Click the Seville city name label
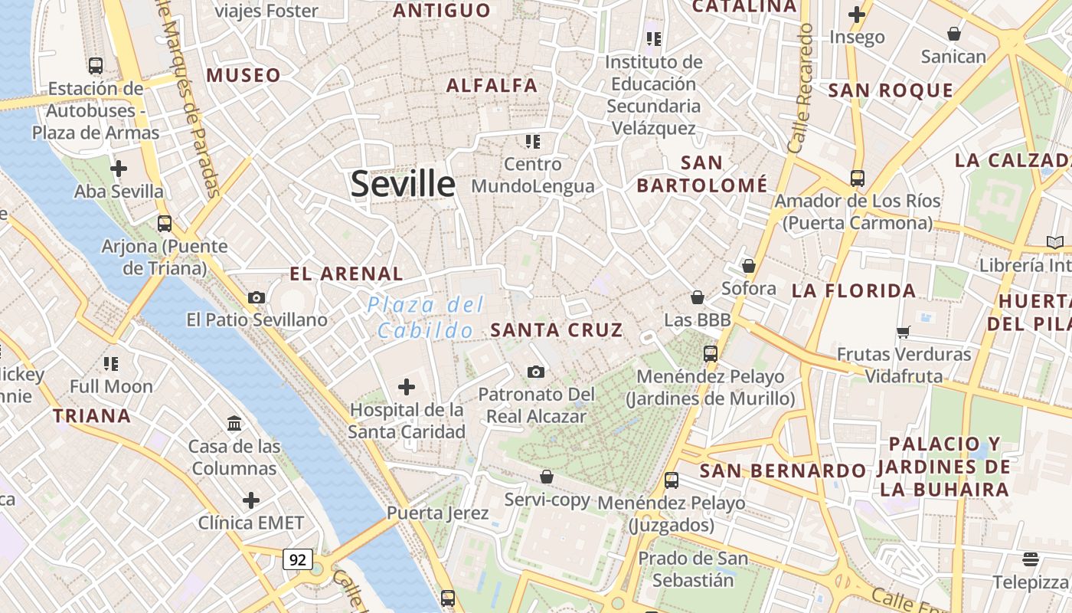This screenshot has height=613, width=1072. pos(403,185)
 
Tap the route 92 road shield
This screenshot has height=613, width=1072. pos(298,559)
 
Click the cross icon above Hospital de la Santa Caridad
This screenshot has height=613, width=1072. pos(407,387)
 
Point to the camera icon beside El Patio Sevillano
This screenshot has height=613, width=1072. pos(257,297)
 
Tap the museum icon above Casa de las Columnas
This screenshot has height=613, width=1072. pos(234,423)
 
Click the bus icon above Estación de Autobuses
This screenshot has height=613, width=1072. pos(96,66)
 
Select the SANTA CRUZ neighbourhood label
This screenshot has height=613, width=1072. pos(557,330)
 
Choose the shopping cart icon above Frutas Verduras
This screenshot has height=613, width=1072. pos(904,332)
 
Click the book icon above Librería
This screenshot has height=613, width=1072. pos(1054,243)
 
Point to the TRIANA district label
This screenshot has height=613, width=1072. pos(92,416)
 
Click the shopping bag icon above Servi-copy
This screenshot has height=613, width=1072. pos(547,477)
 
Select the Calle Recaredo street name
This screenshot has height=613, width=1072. pos(799,87)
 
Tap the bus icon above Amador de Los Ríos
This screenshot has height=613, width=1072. pos(858,179)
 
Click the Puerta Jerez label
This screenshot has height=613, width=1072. pos(437,513)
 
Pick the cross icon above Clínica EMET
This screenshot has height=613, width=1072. pos(251,501)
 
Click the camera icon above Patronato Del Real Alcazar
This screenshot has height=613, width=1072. pos(536,372)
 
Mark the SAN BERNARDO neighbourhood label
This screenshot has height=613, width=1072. pos(783,470)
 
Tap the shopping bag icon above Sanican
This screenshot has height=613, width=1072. pos(954,34)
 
